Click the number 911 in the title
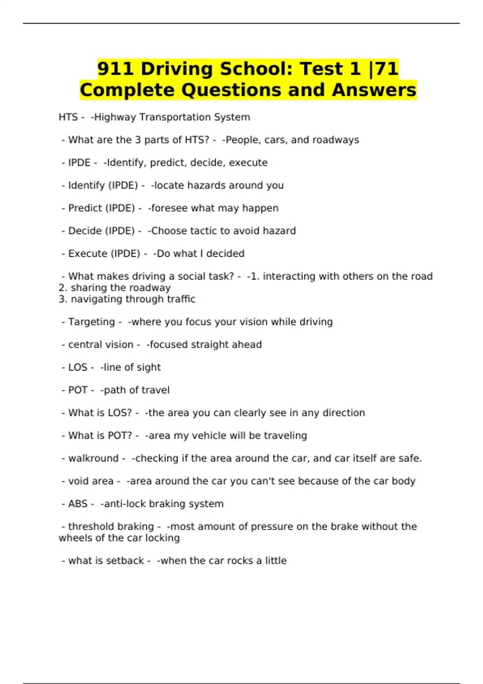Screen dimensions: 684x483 coord(116,69)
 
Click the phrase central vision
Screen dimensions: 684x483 coord(101,345)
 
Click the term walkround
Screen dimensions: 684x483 coord(93,458)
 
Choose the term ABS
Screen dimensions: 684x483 coord(78,504)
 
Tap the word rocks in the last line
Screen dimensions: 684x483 coord(239,560)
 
